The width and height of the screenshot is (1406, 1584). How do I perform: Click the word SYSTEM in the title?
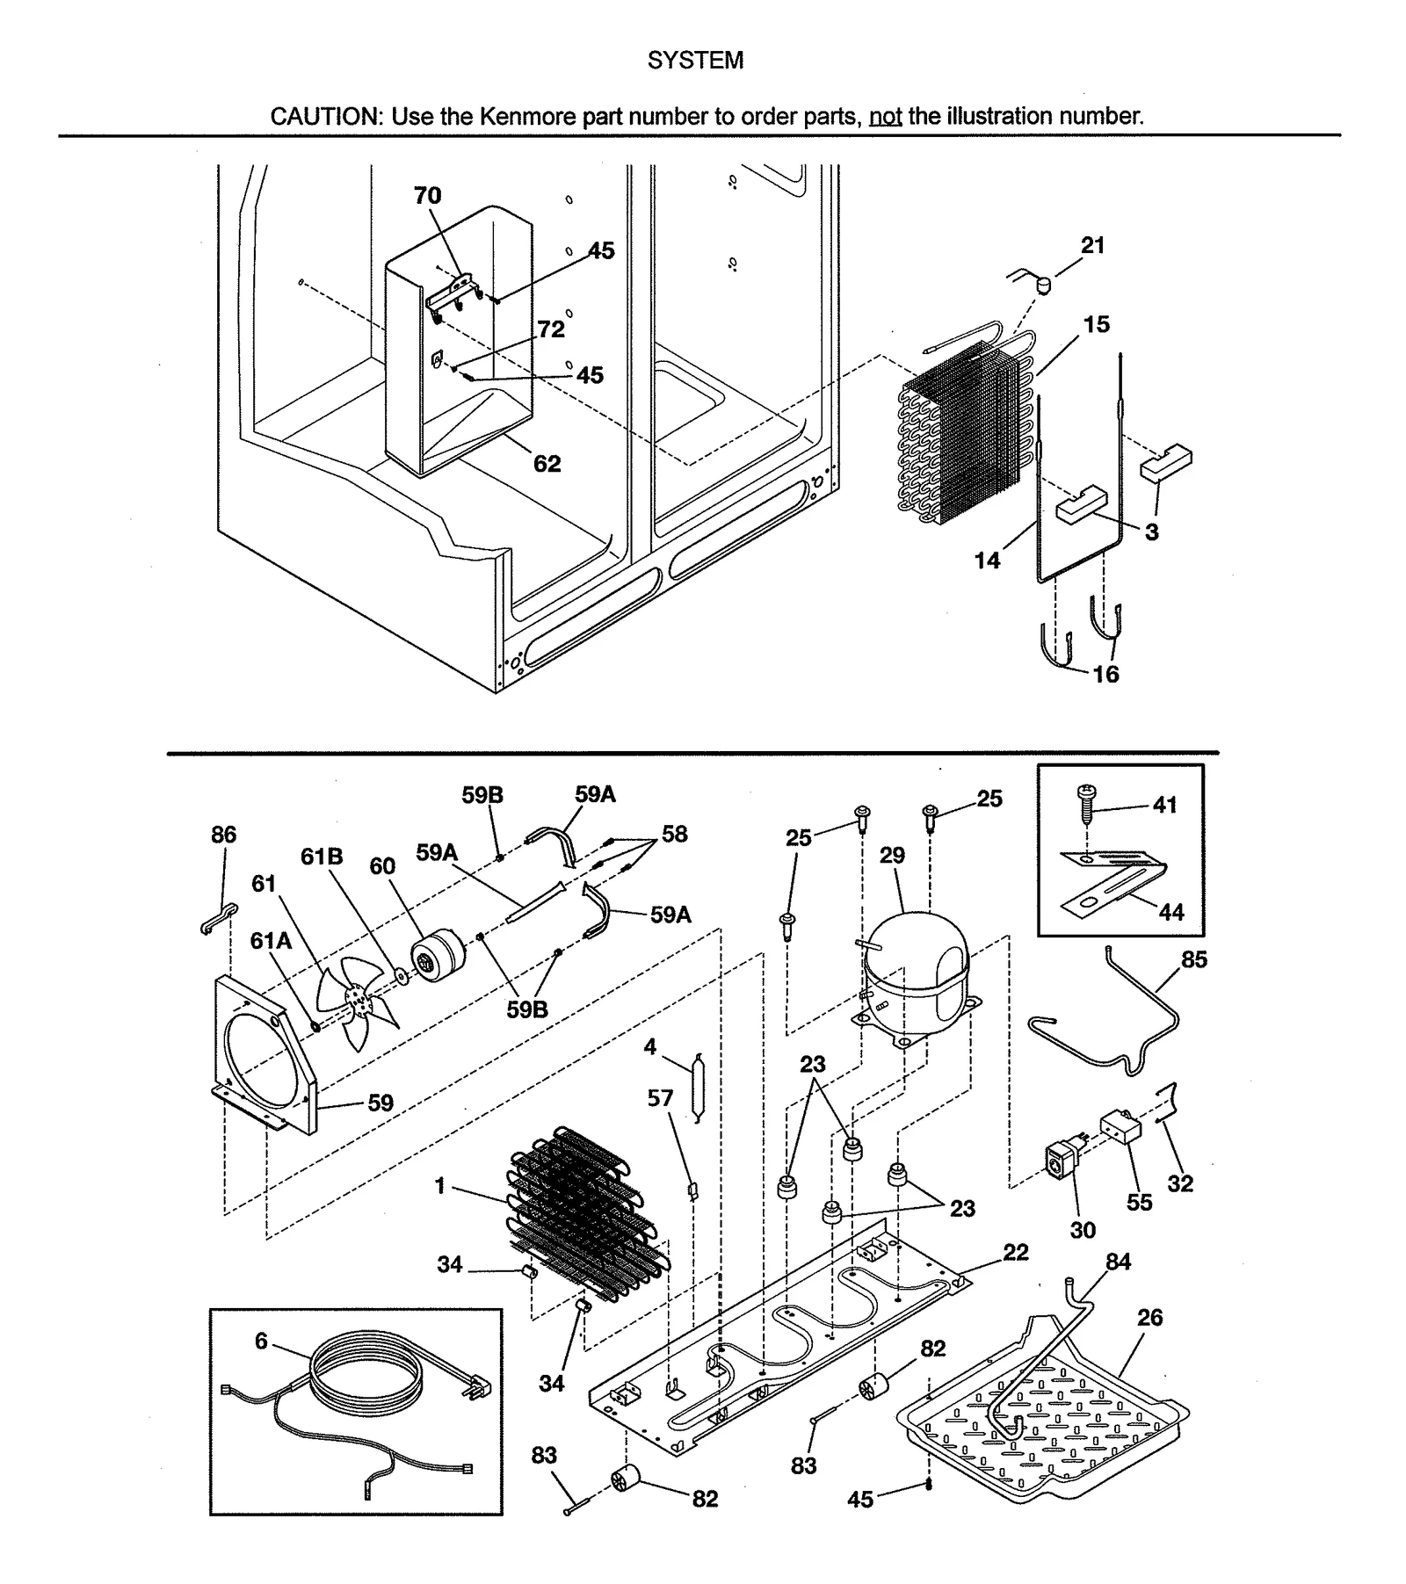(x=694, y=61)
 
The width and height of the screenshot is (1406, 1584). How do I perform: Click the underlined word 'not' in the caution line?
(x=885, y=117)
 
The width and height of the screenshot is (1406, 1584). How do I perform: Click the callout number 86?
(x=223, y=835)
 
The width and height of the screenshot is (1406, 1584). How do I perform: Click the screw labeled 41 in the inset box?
(x=1086, y=801)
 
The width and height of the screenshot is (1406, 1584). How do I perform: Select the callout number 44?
(x=1170, y=913)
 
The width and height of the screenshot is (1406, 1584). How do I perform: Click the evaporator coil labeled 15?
(x=962, y=430)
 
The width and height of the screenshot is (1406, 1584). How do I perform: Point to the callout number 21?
(x=1092, y=246)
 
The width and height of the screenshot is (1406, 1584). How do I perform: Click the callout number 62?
(x=547, y=464)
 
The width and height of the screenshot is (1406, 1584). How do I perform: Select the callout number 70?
(x=427, y=196)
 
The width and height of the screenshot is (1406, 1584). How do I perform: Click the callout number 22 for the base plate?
(x=1015, y=1253)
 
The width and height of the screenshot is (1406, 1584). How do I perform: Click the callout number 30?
(x=1083, y=1231)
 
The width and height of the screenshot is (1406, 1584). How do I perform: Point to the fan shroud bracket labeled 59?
(x=264, y=1054)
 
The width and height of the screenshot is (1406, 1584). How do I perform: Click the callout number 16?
(x=1105, y=675)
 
